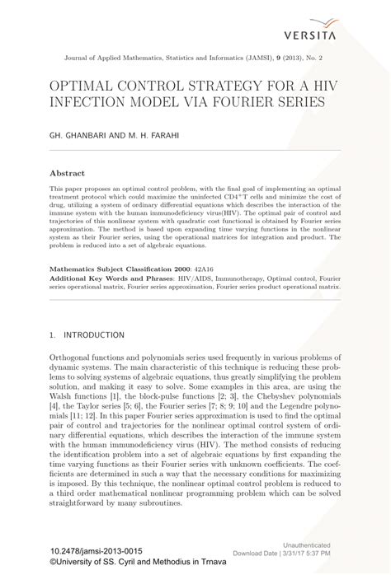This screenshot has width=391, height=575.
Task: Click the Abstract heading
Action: click(x=68, y=175)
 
